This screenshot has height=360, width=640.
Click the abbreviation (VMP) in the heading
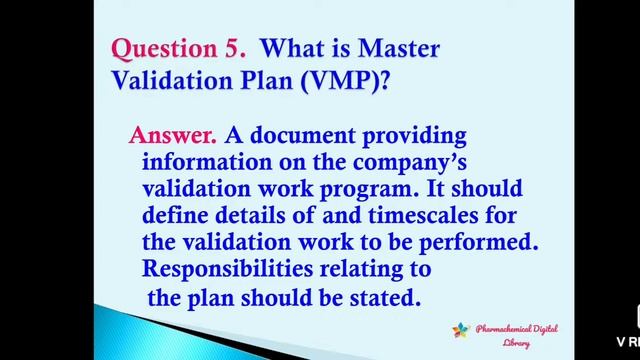coord(342,82)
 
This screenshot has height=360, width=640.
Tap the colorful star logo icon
coord(460,330)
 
